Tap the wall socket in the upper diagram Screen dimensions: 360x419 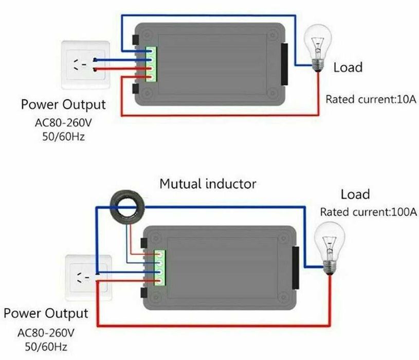(x=85, y=65)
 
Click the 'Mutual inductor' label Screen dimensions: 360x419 (x=208, y=184)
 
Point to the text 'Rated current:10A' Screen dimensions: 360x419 (x=370, y=99)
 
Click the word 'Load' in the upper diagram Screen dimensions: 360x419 (x=348, y=67)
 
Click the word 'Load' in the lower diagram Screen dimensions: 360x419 (x=355, y=194)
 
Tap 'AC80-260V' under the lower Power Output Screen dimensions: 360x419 (x=46, y=333)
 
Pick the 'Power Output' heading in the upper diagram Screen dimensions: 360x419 (x=63, y=105)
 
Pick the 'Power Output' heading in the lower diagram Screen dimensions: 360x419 (x=46, y=313)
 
